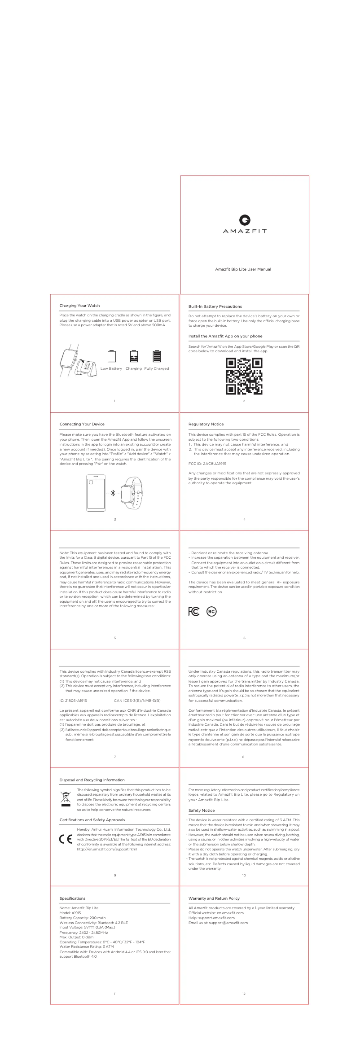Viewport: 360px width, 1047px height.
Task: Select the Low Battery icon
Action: click(x=112, y=356)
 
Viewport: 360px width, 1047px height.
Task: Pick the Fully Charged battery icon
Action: click(x=157, y=356)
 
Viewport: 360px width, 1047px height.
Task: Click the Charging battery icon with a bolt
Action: click(x=134, y=356)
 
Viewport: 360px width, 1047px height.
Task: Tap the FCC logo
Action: click(x=194, y=612)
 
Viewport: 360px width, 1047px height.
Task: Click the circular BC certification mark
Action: click(x=211, y=612)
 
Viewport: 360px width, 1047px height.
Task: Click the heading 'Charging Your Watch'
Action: click(x=80, y=306)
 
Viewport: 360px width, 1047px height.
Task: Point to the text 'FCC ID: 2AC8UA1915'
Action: click(x=207, y=463)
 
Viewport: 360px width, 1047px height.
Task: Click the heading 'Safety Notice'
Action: click(x=202, y=810)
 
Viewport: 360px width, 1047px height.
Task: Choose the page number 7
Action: click(x=115, y=757)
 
